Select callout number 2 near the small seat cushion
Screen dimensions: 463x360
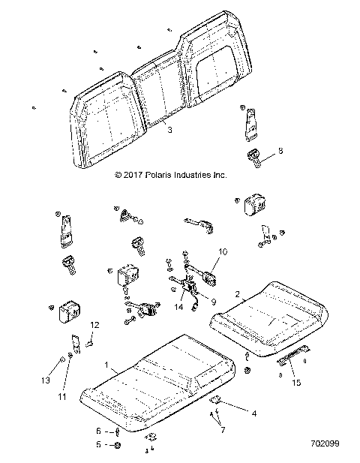[x=238, y=294]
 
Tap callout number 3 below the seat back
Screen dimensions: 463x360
[x=169, y=130]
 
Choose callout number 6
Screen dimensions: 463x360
[x=98, y=431]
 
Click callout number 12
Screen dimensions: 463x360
[x=94, y=325]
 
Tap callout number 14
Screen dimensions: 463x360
[x=178, y=307]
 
